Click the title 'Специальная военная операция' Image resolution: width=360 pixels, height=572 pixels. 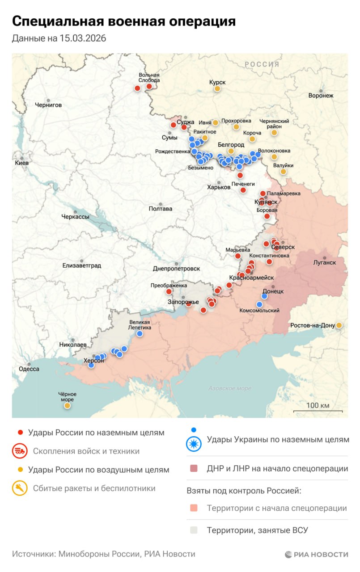pos(124,21)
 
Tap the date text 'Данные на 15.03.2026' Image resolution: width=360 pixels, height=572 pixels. pos(59,38)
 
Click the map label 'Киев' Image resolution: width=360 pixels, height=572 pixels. pos(21,163)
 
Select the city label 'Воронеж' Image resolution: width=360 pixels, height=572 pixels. pos(321,96)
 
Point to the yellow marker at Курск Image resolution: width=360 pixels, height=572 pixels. pos(217,89)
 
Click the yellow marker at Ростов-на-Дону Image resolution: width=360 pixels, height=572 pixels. pos(339,325)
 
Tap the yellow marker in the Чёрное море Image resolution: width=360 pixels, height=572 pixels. pos(67,406)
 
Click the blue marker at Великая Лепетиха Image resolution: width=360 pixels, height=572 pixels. pos(140,333)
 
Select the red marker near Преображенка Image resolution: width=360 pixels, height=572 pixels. pos(169,292)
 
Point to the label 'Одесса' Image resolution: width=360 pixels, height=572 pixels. pos(29,369)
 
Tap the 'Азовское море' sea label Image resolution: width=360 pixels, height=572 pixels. pos(229,388)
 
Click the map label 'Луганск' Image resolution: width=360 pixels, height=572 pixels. pos(324,263)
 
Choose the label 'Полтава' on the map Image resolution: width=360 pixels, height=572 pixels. pos(160,209)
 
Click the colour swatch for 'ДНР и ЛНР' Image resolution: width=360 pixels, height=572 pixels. pos(194,469)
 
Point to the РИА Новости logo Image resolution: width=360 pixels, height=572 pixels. pos(316,554)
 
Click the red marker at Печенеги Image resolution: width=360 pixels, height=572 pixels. pos(243,190)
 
